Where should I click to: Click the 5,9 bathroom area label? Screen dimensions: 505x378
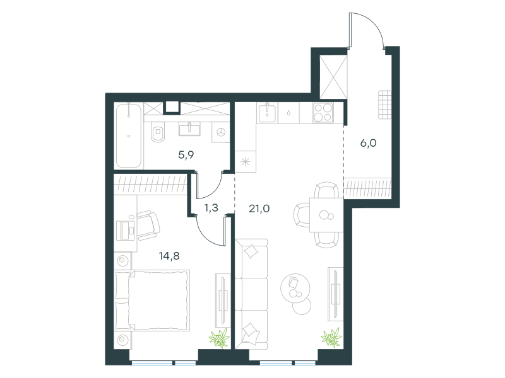[186, 155]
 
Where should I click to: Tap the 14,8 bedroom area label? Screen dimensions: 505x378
[169, 256]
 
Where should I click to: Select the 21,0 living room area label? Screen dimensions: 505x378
[259, 209]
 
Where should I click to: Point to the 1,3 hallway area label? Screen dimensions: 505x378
[211, 208]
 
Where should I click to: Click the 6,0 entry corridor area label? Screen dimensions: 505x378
[368, 143]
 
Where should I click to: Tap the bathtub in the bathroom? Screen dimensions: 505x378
[129, 135]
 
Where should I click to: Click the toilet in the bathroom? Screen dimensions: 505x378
[157, 132]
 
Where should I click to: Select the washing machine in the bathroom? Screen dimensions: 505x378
[220, 132]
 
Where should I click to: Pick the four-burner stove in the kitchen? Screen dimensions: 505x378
[323, 113]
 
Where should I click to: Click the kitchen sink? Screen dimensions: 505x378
[267, 113]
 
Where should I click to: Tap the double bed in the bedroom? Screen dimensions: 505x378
[152, 301]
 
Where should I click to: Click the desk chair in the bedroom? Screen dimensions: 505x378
[148, 226]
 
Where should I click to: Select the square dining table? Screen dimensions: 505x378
[326, 215]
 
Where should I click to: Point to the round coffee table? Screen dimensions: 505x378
[295, 289]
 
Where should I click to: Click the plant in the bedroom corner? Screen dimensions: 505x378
[219, 338]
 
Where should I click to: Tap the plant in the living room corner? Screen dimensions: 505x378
[331, 337]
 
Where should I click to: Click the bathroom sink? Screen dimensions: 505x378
[189, 129]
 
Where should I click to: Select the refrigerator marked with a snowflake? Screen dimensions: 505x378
[246, 162]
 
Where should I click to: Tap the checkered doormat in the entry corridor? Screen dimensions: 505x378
[385, 105]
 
